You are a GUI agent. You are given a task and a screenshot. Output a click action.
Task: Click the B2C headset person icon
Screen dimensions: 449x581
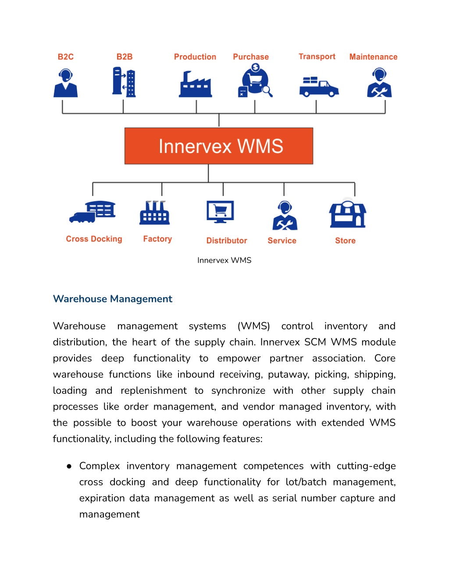pos(65,82)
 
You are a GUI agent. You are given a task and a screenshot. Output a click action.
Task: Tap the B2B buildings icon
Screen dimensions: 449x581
pos(124,82)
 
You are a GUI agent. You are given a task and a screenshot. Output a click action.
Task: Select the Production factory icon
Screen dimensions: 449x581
pos(196,84)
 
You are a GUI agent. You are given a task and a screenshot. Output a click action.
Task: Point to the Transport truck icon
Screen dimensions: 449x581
pos(319,87)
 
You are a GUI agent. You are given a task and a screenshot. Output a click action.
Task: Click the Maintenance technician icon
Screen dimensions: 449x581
pos(379,82)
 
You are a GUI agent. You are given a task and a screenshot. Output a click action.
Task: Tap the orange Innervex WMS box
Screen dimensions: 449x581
pos(219,146)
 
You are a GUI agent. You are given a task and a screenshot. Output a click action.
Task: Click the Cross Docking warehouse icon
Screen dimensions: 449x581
pos(92,212)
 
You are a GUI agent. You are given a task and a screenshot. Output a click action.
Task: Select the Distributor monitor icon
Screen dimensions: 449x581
pos(220,212)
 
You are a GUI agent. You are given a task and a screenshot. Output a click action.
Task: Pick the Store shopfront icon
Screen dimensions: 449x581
pos(348,213)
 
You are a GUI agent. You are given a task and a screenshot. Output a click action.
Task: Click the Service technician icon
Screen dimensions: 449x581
pos(285,215)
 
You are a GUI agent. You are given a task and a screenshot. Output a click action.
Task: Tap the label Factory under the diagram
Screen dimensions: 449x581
pos(157,239)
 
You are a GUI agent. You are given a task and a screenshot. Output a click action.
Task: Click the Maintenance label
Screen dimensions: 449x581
pos(374,57)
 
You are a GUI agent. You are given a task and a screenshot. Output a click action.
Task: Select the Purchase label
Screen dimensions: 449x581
pos(251,57)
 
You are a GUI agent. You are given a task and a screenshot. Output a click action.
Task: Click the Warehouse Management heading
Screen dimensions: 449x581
pos(113,299)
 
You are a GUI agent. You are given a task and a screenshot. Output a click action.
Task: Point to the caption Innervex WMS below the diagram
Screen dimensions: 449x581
pos(224,260)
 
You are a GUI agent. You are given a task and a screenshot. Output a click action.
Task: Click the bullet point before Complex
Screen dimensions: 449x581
pos(69,467)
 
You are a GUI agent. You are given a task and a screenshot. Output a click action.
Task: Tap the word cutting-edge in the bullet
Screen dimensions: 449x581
pos(366,466)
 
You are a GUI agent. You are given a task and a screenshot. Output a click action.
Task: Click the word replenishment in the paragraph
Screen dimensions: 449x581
pos(153,390)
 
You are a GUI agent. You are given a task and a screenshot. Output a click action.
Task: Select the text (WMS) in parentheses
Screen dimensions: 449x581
pos(253,326)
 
